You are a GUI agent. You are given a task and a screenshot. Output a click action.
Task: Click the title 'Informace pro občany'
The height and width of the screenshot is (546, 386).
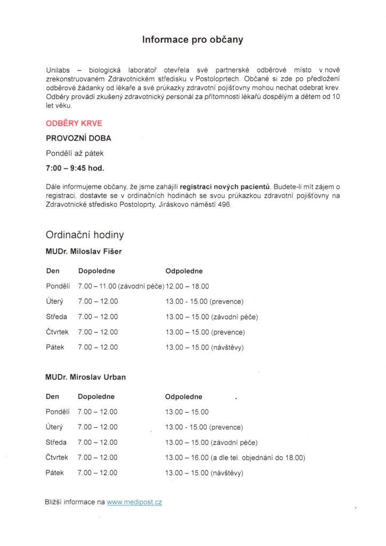(192, 39)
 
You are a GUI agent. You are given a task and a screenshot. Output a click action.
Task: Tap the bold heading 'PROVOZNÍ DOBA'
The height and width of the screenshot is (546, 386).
(78, 138)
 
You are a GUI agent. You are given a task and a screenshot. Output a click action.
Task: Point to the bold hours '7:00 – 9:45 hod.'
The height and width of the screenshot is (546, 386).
(75, 168)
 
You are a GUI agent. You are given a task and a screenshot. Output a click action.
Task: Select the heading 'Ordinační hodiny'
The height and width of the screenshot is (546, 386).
(85, 235)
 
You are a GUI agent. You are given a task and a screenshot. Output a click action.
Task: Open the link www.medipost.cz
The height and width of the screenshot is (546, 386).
(134, 502)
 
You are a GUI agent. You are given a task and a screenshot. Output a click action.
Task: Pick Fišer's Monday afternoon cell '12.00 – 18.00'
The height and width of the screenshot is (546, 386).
(188, 286)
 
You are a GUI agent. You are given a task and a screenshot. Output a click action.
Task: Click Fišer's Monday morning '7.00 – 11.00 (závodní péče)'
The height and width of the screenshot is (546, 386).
(120, 286)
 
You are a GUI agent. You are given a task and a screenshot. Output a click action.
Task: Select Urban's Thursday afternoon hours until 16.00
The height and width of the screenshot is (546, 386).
(235, 457)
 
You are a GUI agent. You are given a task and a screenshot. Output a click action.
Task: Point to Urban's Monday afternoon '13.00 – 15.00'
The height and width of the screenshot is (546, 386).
(187, 412)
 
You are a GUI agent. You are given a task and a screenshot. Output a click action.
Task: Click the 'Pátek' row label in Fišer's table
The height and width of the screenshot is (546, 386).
(55, 347)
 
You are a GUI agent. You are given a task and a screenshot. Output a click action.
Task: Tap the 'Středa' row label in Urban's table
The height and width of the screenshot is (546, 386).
(57, 443)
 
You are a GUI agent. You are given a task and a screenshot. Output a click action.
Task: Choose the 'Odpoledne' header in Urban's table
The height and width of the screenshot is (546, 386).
(184, 397)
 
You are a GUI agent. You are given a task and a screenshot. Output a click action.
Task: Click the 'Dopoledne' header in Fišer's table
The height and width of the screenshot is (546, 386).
(96, 271)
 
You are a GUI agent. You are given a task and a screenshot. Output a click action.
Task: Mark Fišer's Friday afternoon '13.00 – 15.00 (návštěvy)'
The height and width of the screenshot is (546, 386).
(205, 347)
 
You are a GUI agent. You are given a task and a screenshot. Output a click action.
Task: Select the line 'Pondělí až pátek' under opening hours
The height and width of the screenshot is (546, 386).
(75, 153)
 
